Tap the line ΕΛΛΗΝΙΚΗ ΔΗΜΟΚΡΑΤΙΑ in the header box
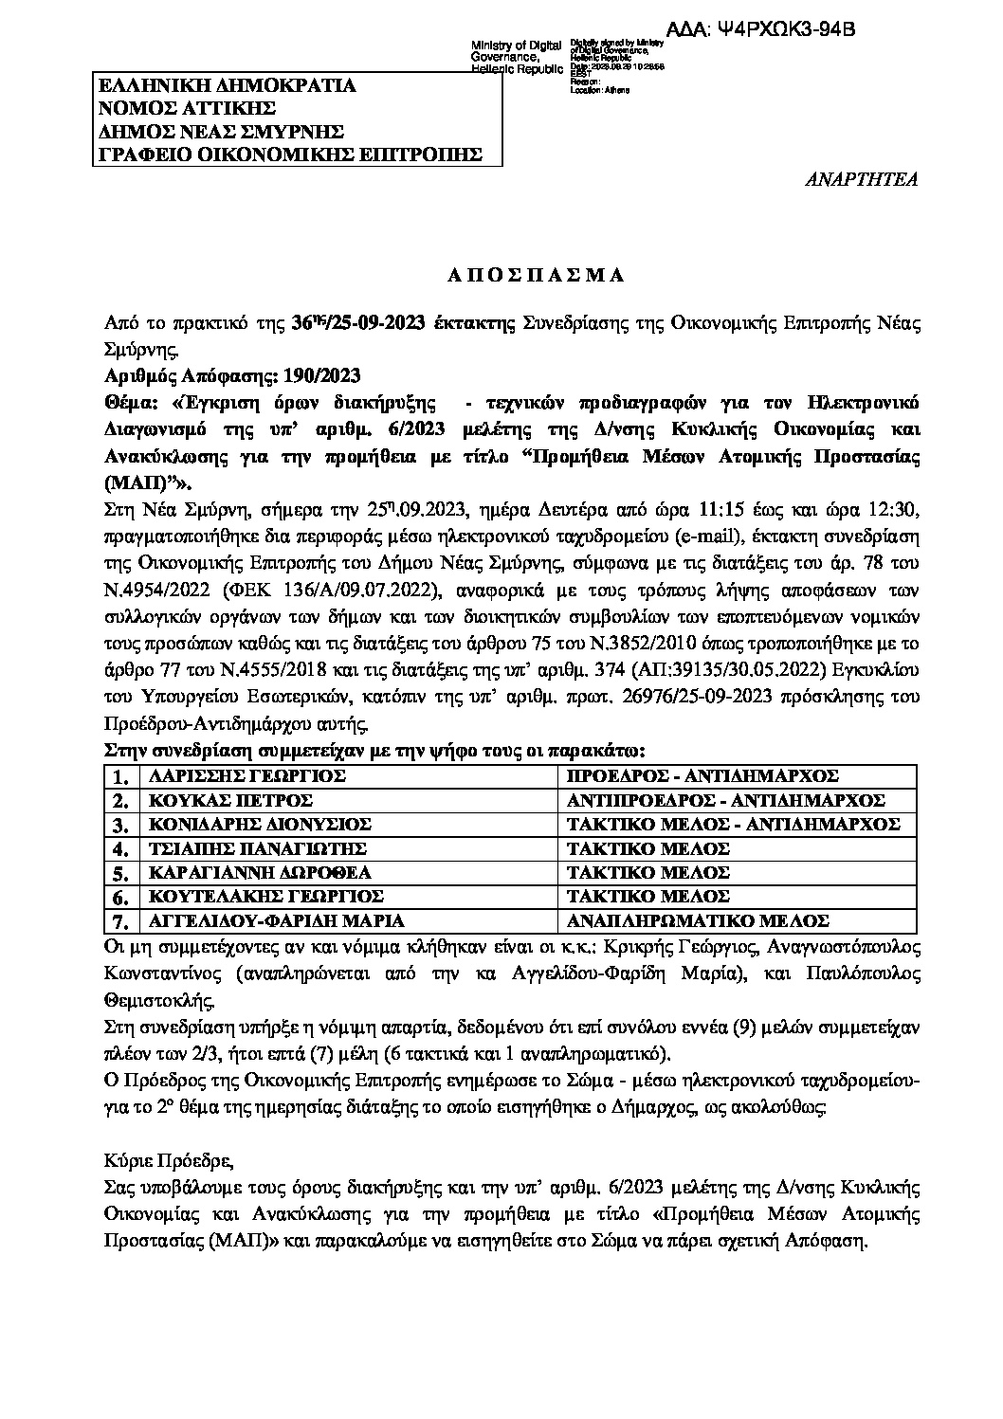coord(228,86)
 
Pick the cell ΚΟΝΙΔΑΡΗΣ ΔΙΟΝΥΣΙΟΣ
coord(254,824)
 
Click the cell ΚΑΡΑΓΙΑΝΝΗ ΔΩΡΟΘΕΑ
coord(254,872)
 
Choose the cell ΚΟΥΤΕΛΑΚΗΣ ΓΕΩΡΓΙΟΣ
coord(262,896)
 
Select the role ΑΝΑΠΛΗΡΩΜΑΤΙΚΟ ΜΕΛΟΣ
coord(698,920)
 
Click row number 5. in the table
coord(119,873)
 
